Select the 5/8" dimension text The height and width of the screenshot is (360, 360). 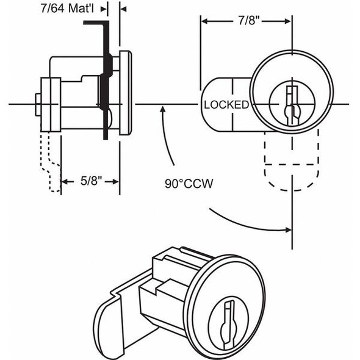tap(91, 181)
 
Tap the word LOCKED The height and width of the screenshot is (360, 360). tap(226, 105)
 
